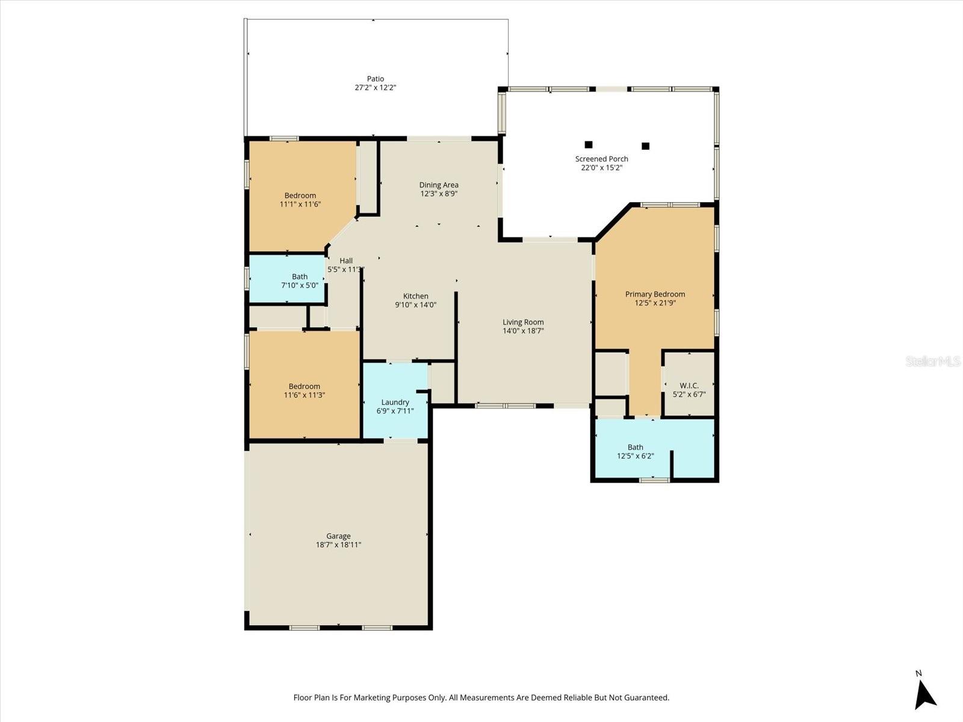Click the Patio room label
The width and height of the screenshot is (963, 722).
(376, 79)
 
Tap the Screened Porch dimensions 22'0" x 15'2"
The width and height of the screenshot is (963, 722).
(601, 168)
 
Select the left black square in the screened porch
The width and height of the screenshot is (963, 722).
(589, 144)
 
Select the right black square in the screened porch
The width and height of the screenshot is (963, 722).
(645, 146)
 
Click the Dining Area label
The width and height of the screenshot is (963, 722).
(439, 185)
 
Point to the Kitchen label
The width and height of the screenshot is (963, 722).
(415, 296)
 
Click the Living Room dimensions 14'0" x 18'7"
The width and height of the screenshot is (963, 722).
(523, 331)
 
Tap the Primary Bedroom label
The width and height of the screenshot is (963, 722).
(655, 294)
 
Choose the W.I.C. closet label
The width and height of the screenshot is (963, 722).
(689, 386)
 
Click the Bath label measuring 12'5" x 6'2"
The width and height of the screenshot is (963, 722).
(635, 447)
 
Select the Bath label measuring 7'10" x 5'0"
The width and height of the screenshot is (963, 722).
(300, 277)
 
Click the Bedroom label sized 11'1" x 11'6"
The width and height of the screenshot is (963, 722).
(300, 196)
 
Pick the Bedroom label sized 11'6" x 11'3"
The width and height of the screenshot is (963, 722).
(304, 386)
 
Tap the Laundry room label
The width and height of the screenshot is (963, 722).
(395, 403)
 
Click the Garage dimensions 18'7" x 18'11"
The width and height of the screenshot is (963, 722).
(338, 545)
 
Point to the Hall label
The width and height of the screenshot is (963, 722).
(346, 261)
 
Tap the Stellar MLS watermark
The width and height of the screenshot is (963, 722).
(933, 361)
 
